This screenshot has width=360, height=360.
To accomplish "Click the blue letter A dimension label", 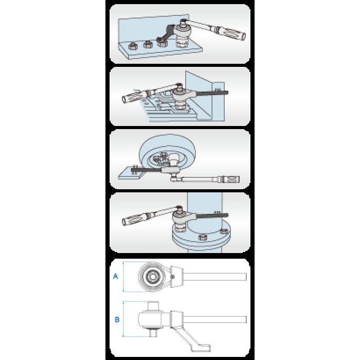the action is (x=116, y=276).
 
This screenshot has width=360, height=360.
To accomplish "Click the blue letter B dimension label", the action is (x=117, y=319).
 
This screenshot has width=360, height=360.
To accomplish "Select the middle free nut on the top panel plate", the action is (x=148, y=44).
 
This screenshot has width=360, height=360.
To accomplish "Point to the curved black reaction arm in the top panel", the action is (x=166, y=34).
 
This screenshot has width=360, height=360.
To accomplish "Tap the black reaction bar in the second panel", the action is (x=212, y=93).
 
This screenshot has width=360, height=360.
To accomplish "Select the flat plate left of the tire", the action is (x=131, y=173).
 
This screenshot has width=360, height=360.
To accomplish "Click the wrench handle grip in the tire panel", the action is (x=230, y=179).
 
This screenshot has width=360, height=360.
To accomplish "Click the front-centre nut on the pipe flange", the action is (x=203, y=238).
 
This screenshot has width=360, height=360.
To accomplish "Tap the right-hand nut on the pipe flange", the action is (x=223, y=231).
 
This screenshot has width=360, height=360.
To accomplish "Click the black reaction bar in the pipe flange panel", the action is (x=212, y=215).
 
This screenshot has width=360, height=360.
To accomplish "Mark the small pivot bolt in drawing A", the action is (x=173, y=277).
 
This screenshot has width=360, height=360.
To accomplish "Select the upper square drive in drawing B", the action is (x=153, y=306).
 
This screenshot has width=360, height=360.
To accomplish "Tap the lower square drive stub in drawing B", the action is (x=153, y=332).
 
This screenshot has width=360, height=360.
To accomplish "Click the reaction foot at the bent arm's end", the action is (x=203, y=348).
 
